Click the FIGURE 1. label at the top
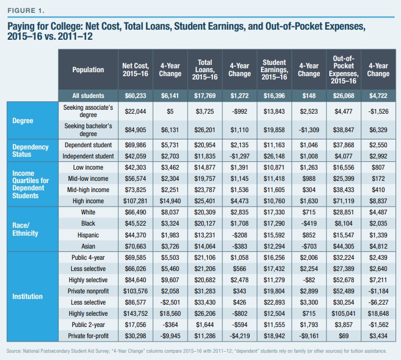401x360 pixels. pos(26,11)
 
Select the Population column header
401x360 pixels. pos(88,70)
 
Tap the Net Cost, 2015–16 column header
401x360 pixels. pos(136,70)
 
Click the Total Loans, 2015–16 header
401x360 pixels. pos(205,70)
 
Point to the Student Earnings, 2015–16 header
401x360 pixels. pos(274,70)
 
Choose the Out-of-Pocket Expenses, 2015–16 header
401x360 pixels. pos(343,70)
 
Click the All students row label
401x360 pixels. pos(88,96)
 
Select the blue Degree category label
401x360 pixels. pos(23,121)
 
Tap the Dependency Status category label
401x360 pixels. pos(30,151)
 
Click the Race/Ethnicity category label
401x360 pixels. pos(25,230)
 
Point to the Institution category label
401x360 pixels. pos(27,297)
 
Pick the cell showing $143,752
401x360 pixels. pos(136,314)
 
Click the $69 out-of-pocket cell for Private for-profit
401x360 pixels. pos(343,336)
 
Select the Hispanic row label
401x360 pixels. pos(88,235)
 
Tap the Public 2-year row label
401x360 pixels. pos(88,325)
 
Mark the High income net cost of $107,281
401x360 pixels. pos(136,201)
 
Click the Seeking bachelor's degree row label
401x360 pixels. pos(88,130)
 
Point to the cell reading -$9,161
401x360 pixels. pos(309,336)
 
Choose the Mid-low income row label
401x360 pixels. pos(88,179)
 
